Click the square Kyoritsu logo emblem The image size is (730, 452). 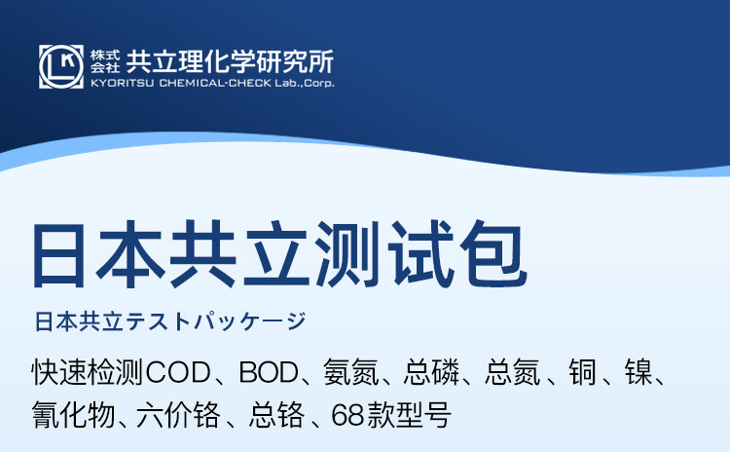pyautogui.click(x=61, y=66)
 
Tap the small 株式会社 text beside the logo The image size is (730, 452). pyautogui.click(x=105, y=61)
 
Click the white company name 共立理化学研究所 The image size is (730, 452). pyautogui.click(x=230, y=61)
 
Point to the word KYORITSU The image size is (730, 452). pyautogui.click(x=122, y=83)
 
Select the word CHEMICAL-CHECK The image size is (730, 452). pyautogui.click(x=215, y=83)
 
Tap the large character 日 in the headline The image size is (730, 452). pyautogui.click(x=58, y=255)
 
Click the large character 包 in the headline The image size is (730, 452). pyautogui.click(x=493, y=255)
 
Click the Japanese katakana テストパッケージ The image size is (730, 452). pyautogui.click(x=216, y=321)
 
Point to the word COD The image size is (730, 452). pyautogui.click(x=178, y=373)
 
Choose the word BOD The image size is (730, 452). pyautogui.click(x=270, y=373)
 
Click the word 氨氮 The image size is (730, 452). pyautogui.click(x=351, y=372)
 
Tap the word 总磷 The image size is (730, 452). pyautogui.click(x=431, y=372)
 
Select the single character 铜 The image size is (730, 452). pyautogui.click(x=582, y=372)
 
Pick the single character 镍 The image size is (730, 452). pyautogui.click(x=639, y=372)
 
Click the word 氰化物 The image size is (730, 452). pyautogui.click(x=74, y=414)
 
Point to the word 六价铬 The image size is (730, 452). pyautogui.click(x=179, y=414)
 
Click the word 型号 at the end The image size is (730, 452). pyautogui.click(x=423, y=414)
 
